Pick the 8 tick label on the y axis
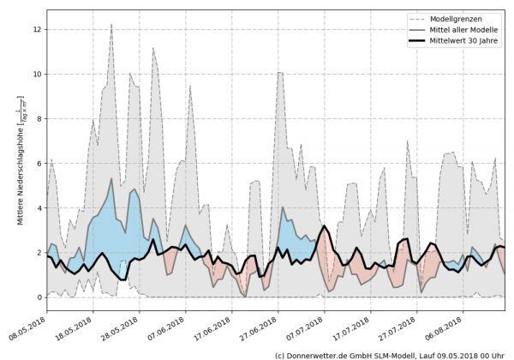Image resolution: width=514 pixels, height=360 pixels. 38,118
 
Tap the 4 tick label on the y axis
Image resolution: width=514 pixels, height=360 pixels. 38,207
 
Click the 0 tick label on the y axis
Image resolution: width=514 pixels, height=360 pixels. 38,297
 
